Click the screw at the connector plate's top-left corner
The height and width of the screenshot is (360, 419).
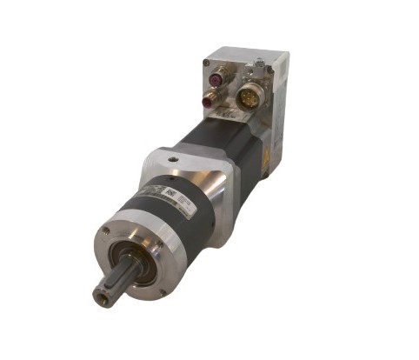coord(207,62)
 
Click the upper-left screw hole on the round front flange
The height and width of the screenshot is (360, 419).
coord(104,231)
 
